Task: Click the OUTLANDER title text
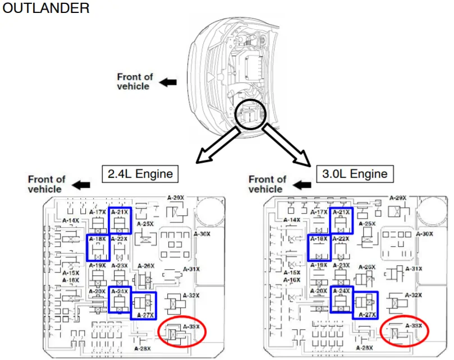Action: point(45,8)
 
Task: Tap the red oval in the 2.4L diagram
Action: point(182,333)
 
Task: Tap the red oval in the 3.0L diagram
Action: point(404,331)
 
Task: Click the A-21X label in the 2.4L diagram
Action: point(120,213)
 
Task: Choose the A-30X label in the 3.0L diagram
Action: point(424,233)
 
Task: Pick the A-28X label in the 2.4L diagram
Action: point(143,349)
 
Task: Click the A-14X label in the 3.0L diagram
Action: point(292,220)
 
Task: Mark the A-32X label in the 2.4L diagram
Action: point(191,296)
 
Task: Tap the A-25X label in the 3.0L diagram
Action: point(366,224)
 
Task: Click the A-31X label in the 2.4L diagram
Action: point(191,269)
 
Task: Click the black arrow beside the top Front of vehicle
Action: point(168,82)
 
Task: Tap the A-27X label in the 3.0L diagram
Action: point(366,315)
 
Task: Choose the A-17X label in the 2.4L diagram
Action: point(97,213)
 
